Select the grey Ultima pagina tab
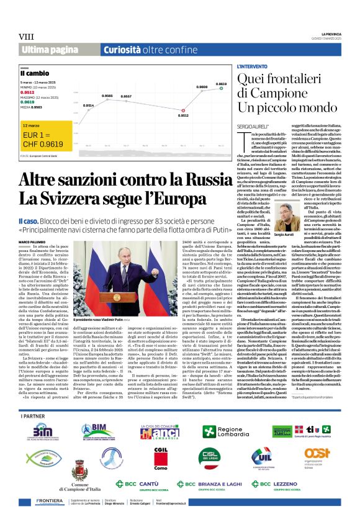pyautogui.click(x=49, y=50)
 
